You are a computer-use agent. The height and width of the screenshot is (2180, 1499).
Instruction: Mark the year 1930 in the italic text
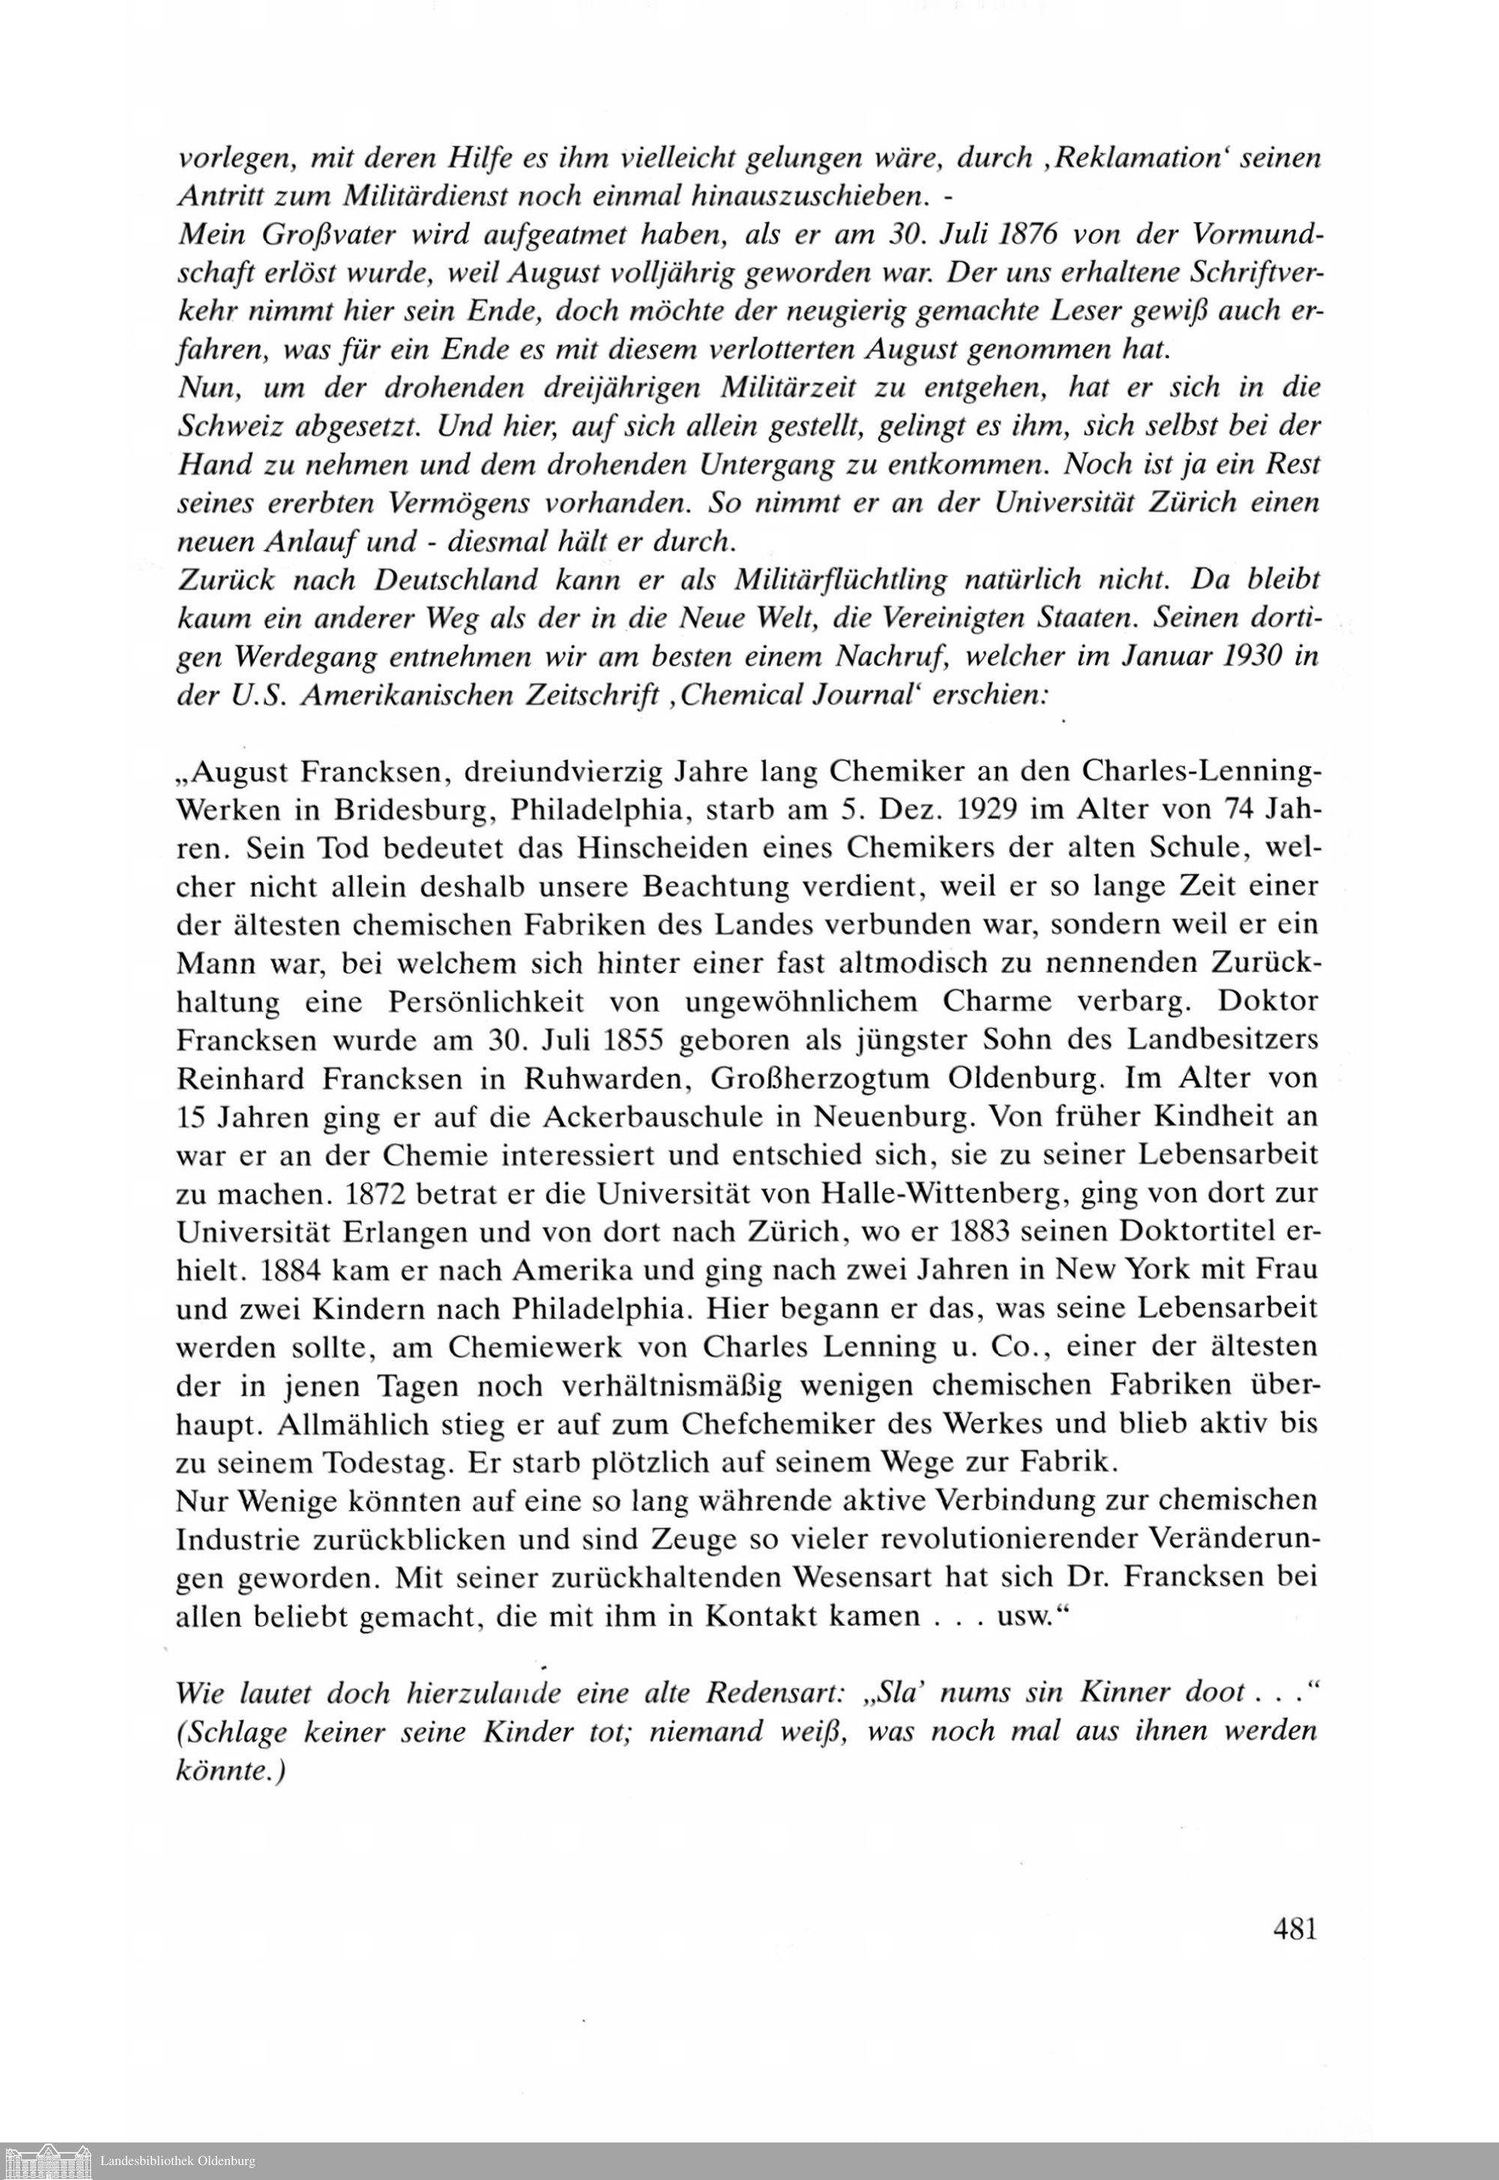(1258, 656)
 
